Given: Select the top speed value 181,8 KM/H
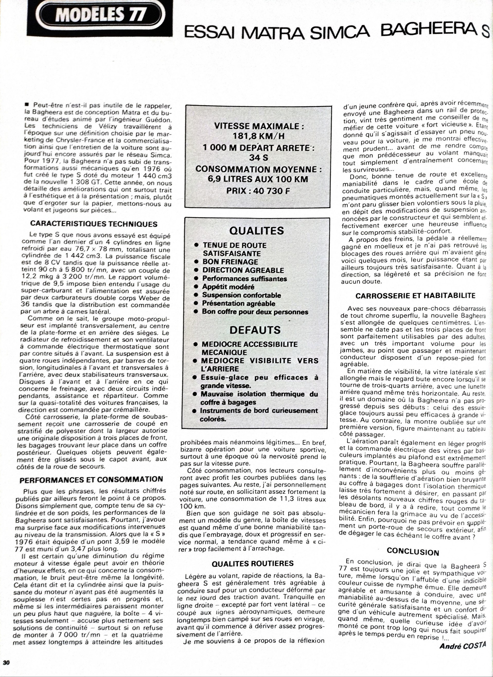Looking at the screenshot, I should point(258,136).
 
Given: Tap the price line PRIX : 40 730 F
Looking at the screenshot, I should point(258,190).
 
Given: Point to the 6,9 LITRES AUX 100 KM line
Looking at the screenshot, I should point(258,179).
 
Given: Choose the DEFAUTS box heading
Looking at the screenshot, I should point(255,330).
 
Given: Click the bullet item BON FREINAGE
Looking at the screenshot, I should point(230,262).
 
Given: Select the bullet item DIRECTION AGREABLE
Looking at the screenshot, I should point(243,270).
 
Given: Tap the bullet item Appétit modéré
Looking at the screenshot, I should point(228,287).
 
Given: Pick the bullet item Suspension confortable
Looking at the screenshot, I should point(241,295).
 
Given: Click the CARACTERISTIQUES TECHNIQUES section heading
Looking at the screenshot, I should point(94,224).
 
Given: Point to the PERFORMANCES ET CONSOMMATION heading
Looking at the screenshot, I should point(91,479).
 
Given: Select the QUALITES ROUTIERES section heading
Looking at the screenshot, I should point(253,563).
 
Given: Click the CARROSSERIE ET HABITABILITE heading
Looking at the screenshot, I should point(415,296).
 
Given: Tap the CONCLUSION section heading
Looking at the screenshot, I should point(413,552).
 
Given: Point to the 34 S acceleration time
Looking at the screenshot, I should point(258,157).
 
